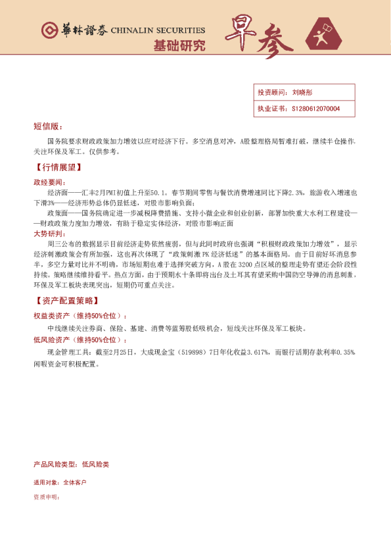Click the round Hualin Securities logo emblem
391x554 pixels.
pos(50,30)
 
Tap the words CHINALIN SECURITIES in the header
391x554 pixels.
pos(158,31)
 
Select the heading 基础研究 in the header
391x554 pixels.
pos(179,46)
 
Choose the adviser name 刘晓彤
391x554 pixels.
pos(302,93)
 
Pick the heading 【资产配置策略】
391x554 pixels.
pos(66,300)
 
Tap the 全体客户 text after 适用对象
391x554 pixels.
pos(74,482)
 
